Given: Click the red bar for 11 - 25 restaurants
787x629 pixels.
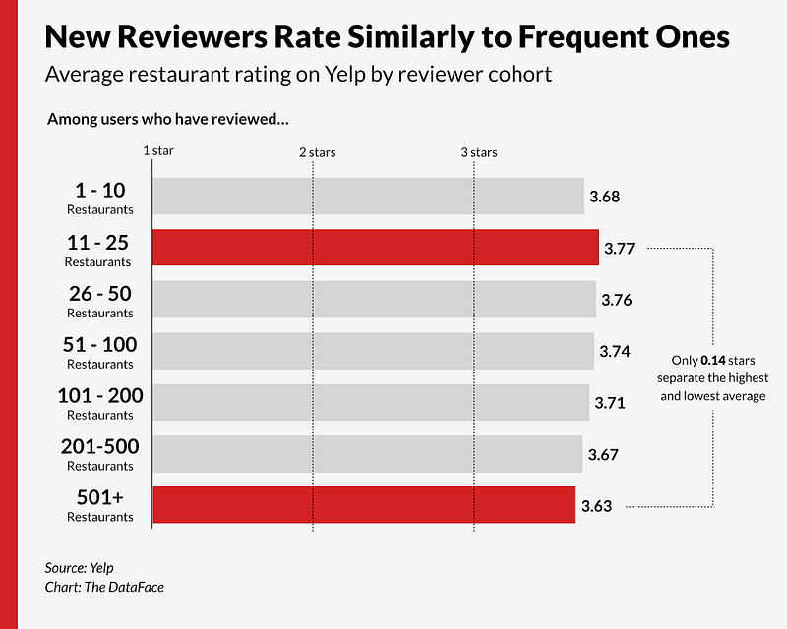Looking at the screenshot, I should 375,248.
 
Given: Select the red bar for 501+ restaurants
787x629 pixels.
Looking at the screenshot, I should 363,504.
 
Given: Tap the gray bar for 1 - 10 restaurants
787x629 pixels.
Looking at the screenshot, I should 368,197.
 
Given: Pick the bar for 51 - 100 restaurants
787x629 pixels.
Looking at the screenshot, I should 373,351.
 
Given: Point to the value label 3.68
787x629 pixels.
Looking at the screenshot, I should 604,197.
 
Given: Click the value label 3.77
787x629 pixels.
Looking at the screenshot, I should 619,249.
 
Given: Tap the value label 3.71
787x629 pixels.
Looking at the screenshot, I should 610,403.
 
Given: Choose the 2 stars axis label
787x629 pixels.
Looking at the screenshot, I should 317,152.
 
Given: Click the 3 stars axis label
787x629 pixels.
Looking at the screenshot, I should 479,152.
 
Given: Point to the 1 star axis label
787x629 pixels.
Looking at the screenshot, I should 158,151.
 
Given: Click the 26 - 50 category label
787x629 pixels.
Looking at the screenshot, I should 98,294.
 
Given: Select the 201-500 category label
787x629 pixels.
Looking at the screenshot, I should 98,447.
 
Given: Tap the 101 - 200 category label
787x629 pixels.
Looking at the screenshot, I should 98,396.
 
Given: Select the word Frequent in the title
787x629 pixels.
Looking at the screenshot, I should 570,36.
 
